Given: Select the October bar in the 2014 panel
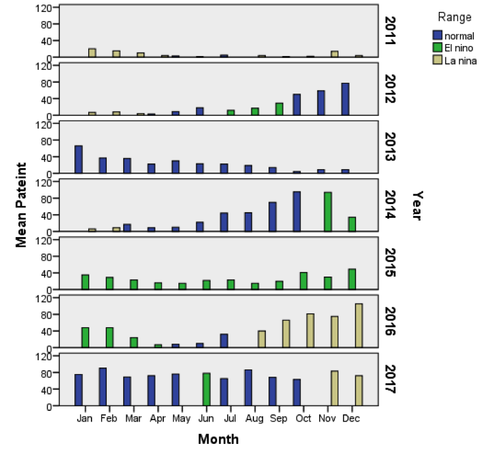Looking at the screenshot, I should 297,211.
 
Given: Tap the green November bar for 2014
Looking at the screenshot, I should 327,212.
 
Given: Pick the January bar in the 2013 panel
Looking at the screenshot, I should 78,159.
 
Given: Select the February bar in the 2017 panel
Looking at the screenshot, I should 103,387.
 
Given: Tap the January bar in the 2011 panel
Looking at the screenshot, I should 92,53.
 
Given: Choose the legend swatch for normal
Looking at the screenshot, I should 437,36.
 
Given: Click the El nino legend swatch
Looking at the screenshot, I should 437,48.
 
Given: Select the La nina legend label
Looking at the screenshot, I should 460,61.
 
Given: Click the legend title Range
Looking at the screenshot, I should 454,17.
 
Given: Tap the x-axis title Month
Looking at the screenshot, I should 218,439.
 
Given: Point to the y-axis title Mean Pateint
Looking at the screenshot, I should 22,205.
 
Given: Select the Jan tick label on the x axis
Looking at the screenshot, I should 84,418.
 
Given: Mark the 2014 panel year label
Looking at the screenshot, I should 390,205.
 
